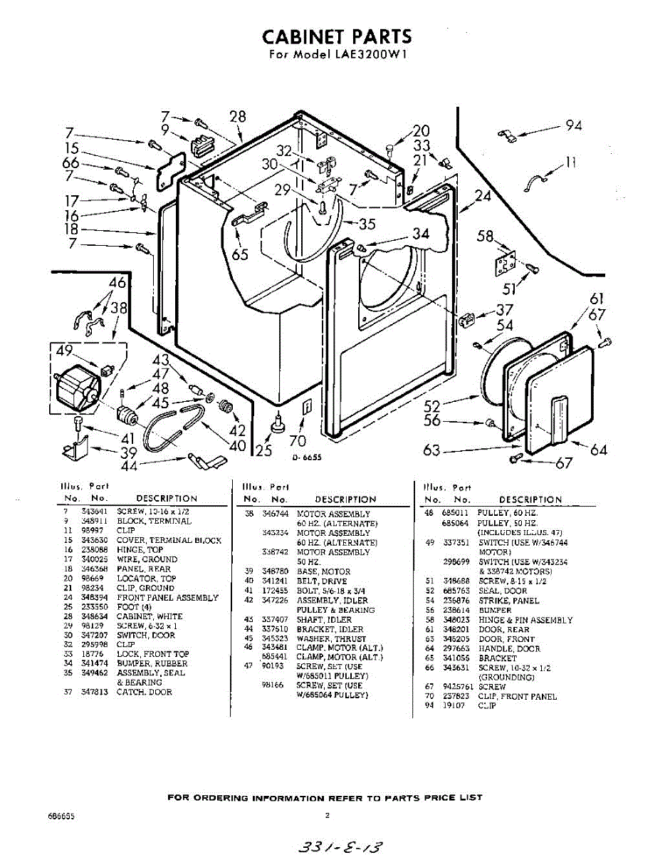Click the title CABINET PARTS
coord(336,36)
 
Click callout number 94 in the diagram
coord(574,126)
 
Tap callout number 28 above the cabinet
coord(238,118)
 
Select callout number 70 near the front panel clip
coord(298,441)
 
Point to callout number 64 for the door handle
coord(599,449)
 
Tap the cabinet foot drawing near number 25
coord(277,425)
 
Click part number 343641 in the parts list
coord(94,512)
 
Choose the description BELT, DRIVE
coord(321,581)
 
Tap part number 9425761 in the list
coord(457,688)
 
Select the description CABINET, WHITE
coord(150,616)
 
